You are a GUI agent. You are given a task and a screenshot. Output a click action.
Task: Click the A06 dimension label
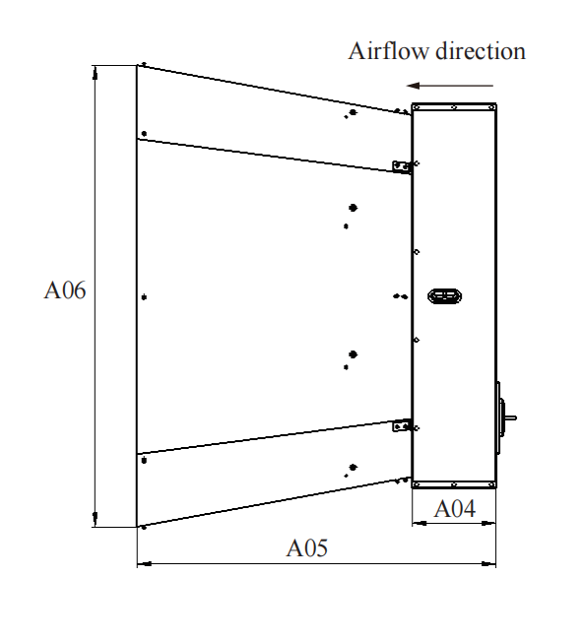coord(65,290)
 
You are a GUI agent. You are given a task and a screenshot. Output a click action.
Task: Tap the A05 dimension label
coord(306,547)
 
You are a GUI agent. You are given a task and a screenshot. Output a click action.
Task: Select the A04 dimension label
coord(454,509)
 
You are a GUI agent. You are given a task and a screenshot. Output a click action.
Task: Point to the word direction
coord(481,51)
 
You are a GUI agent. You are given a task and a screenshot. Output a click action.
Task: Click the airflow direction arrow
coord(450,86)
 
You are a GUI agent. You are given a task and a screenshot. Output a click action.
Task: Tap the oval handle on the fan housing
coord(444,296)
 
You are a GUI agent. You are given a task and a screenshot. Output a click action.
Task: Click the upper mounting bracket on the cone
coord(402,166)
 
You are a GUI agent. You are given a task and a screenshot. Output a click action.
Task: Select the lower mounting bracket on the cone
coord(402,426)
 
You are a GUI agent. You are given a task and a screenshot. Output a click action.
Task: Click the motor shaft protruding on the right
coord(510,417)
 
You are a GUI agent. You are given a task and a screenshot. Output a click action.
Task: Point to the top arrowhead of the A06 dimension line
coord(96,73)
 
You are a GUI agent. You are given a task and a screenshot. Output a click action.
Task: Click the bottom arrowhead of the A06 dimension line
coord(96,519)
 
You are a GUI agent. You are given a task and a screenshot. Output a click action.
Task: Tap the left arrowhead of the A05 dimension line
coord(145,564)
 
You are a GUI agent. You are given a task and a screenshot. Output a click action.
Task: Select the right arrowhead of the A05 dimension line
coord(488,564)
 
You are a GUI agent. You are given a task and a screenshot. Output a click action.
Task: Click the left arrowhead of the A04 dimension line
coord(420,523)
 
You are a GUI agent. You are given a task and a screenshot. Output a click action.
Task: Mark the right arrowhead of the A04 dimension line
coord(488,523)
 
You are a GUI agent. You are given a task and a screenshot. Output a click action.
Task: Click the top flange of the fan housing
coord(454,106)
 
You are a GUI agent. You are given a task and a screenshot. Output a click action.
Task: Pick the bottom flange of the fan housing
coord(454,484)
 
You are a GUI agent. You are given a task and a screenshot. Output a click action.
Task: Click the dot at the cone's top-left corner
coord(144,64)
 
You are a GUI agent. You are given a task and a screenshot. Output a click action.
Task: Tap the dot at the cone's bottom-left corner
coord(144,528)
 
